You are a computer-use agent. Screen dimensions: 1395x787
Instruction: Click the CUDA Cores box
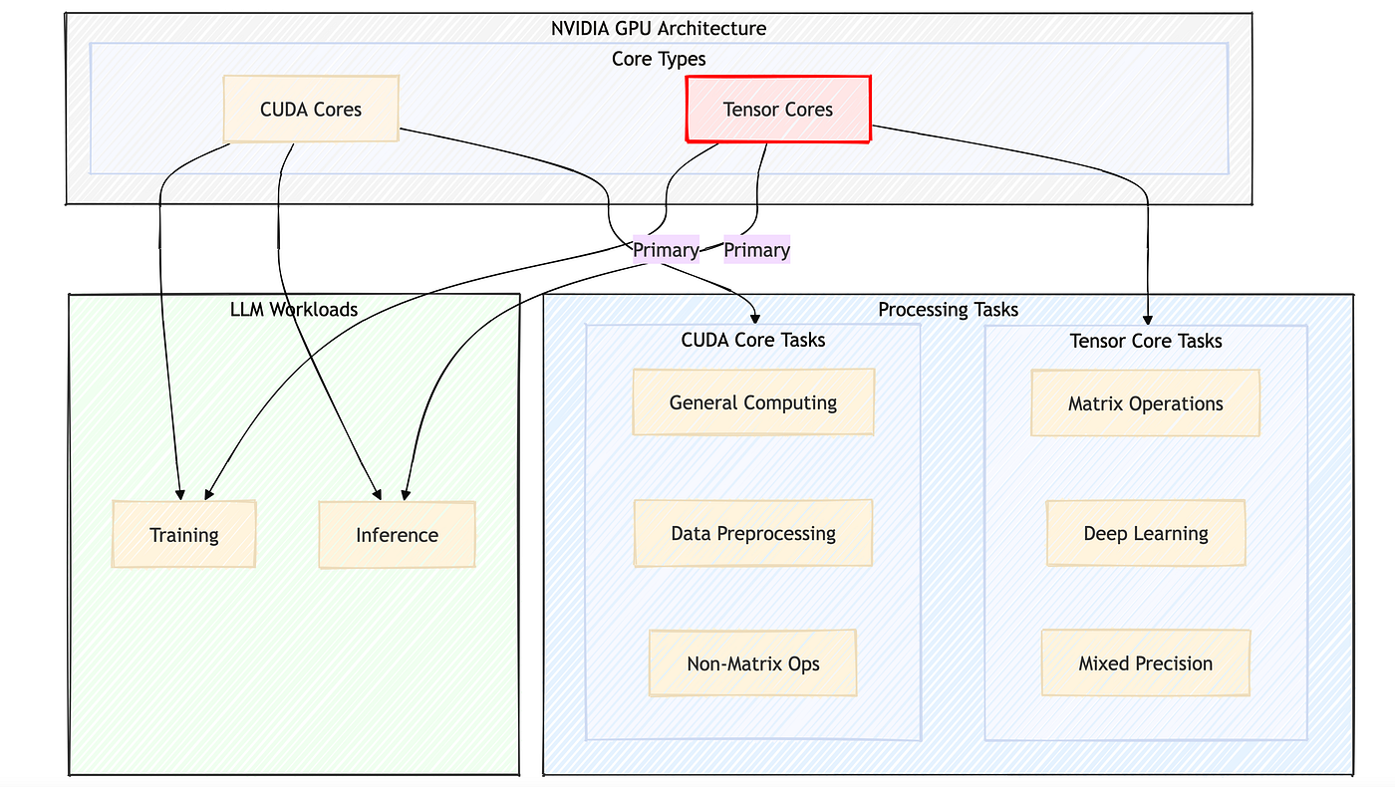pyautogui.click(x=311, y=109)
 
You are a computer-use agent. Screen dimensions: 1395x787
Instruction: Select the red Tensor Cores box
pyautogui.click(x=778, y=109)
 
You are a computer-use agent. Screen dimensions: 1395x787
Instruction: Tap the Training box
pyautogui.click(x=183, y=534)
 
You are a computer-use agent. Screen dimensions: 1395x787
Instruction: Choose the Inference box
pyautogui.click(x=397, y=535)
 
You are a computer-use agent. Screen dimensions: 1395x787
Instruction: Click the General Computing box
pyautogui.click(x=753, y=402)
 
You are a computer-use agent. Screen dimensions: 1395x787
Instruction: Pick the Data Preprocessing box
pyautogui.click(x=753, y=533)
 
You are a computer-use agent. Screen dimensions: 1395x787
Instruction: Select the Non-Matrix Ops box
pyautogui.click(x=753, y=663)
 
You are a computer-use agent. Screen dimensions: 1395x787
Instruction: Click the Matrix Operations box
pyautogui.click(x=1145, y=403)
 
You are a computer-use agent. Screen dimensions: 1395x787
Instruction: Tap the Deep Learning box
pyautogui.click(x=1146, y=533)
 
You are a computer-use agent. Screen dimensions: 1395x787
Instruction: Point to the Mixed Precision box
pyautogui.click(x=1146, y=663)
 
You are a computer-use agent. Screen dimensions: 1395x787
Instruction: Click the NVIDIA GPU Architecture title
pyautogui.click(x=659, y=28)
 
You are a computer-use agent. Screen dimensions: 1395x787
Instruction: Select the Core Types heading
pyautogui.click(x=659, y=59)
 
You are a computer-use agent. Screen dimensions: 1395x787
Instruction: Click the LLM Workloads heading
pyautogui.click(x=294, y=310)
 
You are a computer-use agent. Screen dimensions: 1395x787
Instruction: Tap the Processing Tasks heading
pyautogui.click(x=948, y=310)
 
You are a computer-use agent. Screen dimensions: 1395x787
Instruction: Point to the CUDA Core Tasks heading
pyautogui.click(x=753, y=340)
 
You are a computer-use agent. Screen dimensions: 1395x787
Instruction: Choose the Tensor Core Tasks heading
pyautogui.click(x=1146, y=341)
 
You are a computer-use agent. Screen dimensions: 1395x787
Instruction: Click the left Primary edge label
pyautogui.click(x=666, y=250)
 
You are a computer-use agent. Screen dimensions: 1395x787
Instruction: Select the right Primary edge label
pyautogui.click(x=756, y=250)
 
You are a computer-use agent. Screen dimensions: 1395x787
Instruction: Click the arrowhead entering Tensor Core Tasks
pyautogui.click(x=1148, y=320)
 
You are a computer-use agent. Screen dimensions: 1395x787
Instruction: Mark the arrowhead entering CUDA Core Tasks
pyautogui.click(x=755, y=319)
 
